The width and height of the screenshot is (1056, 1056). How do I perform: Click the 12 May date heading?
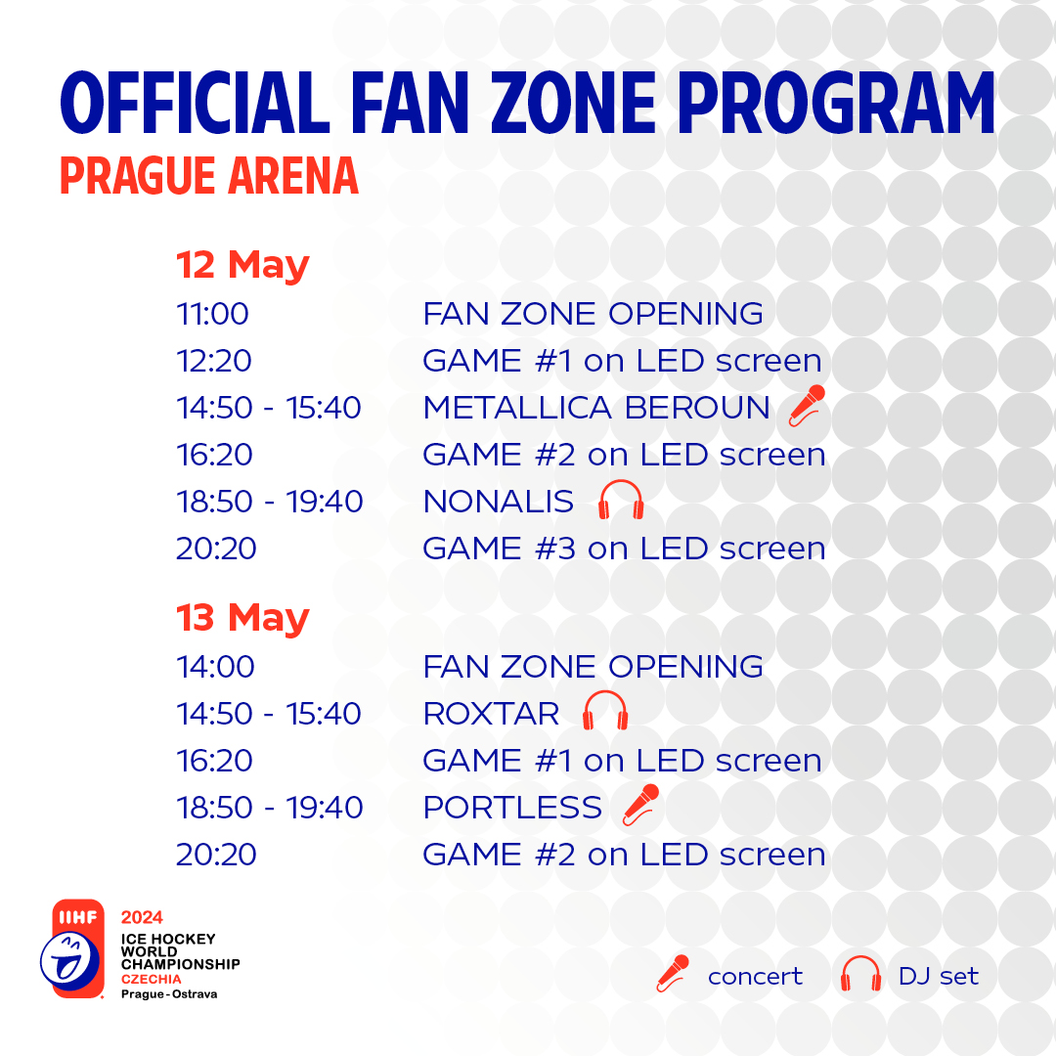[x=242, y=265]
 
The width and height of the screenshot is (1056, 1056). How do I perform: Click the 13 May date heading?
[x=242, y=618]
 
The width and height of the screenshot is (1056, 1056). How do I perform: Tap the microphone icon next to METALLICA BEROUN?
[x=807, y=406]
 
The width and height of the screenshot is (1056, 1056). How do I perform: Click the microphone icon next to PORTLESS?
[x=641, y=805]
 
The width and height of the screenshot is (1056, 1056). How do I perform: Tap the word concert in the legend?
[x=755, y=977]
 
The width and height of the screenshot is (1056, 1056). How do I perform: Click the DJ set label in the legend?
[x=938, y=976]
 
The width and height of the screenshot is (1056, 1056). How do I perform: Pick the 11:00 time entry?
[x=213, y=314]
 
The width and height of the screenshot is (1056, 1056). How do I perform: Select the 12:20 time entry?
[x=214, y=361]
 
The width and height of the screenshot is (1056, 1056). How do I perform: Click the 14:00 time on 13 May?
[x=215, y=667]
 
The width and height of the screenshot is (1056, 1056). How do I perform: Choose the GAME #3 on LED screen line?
[x=624, y=549]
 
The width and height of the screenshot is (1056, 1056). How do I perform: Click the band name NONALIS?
[x=499, y=502]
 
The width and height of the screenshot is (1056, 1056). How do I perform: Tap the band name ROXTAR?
[x=492, y=714]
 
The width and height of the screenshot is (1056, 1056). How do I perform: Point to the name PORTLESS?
[x=512, y=808]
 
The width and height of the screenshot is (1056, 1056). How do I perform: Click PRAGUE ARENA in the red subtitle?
[x=209, y=176]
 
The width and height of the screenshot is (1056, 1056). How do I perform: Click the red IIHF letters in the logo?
[x=78, y=917]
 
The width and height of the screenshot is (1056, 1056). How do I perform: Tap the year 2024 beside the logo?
[x=142, y=917]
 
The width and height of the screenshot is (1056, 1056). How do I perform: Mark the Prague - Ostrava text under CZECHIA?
[x=169, y=994]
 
